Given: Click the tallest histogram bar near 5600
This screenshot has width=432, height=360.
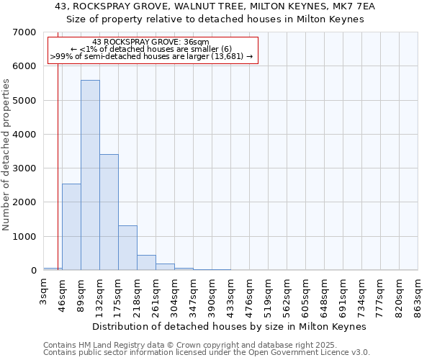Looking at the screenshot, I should point(90,175).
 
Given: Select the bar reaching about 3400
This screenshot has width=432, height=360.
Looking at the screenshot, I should point(109,212).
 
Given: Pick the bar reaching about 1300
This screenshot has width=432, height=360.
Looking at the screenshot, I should point(127,248).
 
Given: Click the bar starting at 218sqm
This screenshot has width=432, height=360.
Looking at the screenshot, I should point(146,263).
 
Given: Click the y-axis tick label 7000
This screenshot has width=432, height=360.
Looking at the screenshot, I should point(24,32).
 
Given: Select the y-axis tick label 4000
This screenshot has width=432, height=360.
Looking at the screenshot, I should point(24,135).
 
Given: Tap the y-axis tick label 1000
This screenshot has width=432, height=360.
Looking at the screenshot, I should point(24,237).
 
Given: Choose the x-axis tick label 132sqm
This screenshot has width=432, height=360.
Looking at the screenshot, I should point(100,297).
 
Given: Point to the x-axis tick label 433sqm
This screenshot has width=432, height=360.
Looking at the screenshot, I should point(231,297).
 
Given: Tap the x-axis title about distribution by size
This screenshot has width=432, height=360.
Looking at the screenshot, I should point(230,326).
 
